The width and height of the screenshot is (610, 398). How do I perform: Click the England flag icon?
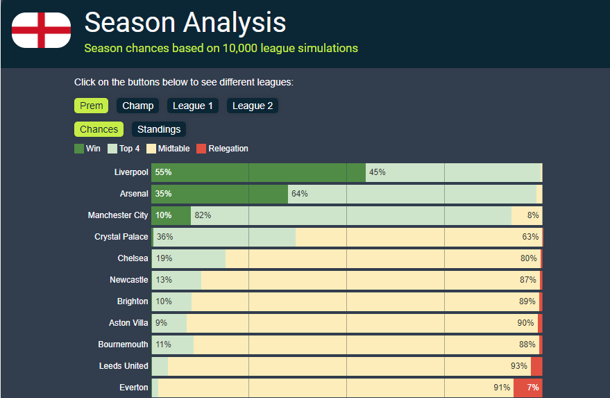tap(41, 31)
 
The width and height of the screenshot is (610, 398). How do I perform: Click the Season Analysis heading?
tap(185, 22)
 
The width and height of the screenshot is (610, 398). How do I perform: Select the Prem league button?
tap(91, 106)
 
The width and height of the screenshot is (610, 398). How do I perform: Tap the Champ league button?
tap(137, 106)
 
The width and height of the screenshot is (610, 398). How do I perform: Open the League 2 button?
tap(252, 106)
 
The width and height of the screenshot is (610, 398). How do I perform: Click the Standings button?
tap(159, 129)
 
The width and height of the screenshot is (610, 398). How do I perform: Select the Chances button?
tap(99, 129)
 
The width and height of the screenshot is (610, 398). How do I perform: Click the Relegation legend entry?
tap(222, 149)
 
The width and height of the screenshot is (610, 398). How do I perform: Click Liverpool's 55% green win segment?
tap(258, 172)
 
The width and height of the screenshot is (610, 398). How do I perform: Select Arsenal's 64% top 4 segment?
tap(412, 194)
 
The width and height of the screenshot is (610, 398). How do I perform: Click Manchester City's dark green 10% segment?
tap(171, 215)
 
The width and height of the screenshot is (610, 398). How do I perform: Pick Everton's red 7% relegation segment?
tap(528, 388)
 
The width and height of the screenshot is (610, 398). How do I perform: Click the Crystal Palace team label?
tap(121, 237)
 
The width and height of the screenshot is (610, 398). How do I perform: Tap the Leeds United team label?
tap(124, 366)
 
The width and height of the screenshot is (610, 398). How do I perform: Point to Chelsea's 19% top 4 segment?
tap(188, 258)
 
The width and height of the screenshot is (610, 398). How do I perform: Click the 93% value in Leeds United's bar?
tap(518, 366)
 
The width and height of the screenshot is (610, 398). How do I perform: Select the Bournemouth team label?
tap(123, 345)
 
